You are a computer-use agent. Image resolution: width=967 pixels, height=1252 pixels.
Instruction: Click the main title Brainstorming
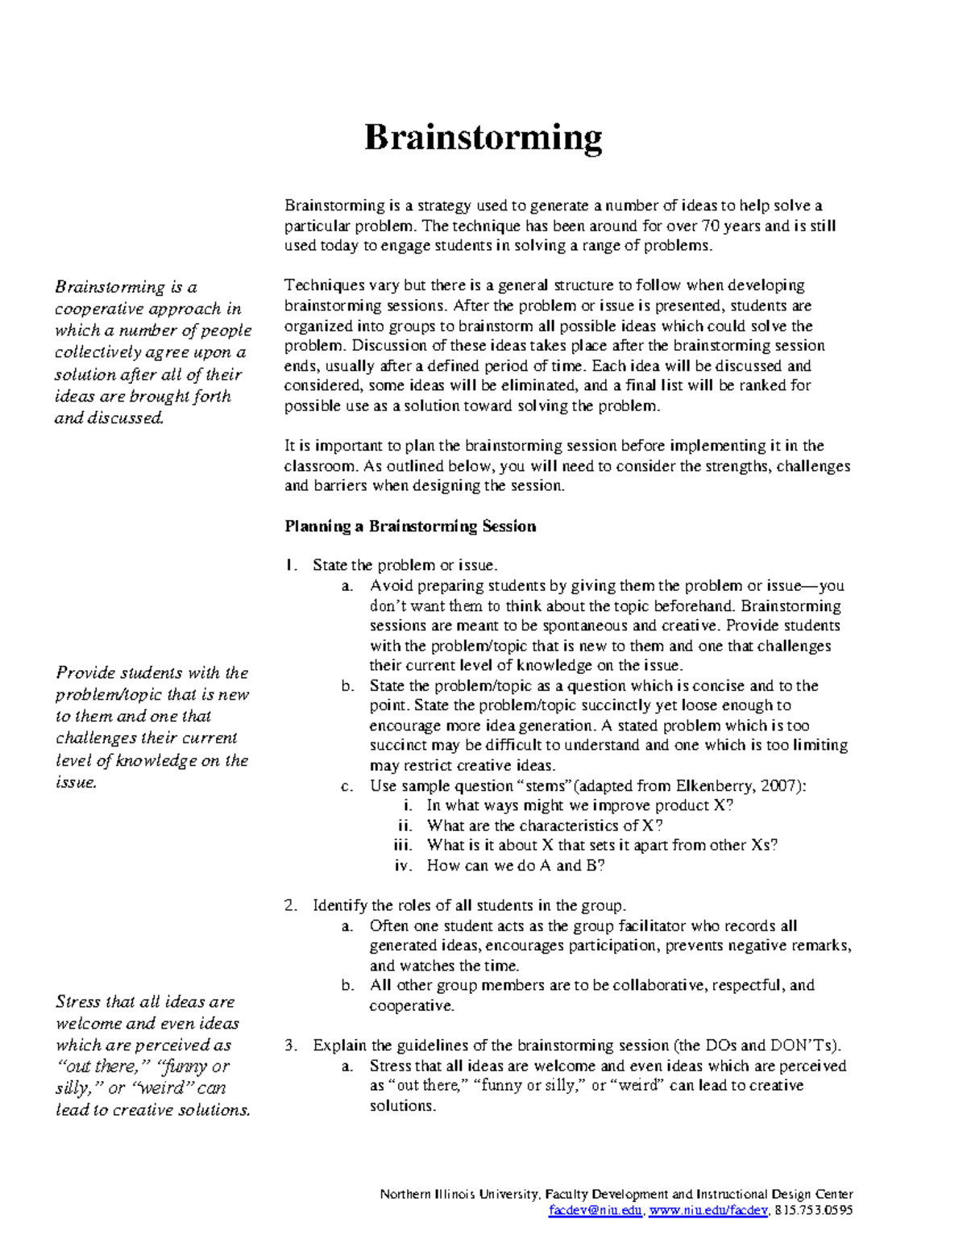click(x=483, y=138)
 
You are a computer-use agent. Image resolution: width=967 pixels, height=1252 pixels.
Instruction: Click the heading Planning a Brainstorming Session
click(x=410, y=526)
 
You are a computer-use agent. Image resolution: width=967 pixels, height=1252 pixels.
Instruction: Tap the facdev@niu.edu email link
click(x=596, y=1210)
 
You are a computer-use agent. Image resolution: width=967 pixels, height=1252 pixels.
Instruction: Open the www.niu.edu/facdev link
click(x=708, y=1210)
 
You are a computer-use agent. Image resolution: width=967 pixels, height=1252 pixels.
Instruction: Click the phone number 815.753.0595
click(x=813, y=1210)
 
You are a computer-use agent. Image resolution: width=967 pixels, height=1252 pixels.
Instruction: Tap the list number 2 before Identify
click(x=290, y=905)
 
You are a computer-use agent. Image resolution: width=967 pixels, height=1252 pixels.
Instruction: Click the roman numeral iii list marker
click(x=403, y=845)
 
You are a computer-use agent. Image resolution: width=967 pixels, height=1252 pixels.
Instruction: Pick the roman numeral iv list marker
click(x=403, y=865)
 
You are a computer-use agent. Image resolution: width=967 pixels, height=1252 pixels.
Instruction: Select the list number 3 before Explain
click(x=290, y=1046)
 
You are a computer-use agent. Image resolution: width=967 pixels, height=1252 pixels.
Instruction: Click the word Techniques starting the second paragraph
click(x=324, y=285)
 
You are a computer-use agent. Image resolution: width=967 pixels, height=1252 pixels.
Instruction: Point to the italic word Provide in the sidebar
click(x=84, y=672)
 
